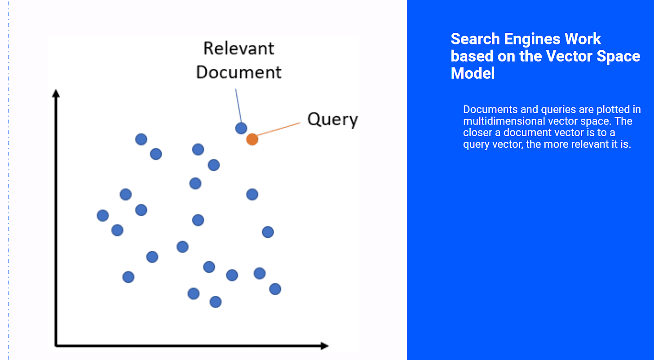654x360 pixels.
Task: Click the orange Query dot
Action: (252, 139)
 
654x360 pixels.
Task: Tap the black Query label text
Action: (332, 120)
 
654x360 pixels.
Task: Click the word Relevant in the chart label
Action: (239, 49)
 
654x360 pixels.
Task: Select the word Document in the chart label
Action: (239, 72)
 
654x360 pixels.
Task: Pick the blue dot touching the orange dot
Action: (241, 128)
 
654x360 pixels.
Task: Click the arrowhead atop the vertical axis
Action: (56, 93)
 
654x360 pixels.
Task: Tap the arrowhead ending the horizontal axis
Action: (325, 346)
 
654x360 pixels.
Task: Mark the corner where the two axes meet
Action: (56, 346)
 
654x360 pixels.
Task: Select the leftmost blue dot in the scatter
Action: (103, 216)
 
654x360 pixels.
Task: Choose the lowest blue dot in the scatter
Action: (216, 302)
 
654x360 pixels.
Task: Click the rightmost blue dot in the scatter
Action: (275, 289)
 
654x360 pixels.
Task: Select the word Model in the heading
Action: (473, 73)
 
